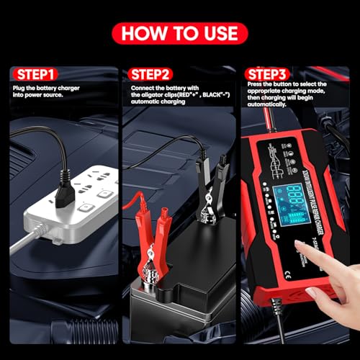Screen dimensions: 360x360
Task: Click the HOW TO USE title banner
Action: coord(180,33)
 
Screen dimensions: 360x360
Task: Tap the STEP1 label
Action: coord(35,73)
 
